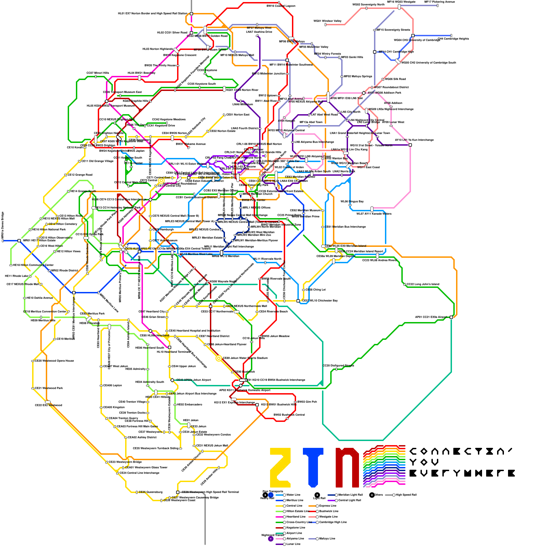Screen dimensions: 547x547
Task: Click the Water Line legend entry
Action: pyautogui.click(x=293, y=495)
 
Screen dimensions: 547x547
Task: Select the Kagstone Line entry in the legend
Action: pyautogui.click(x=295, y=528)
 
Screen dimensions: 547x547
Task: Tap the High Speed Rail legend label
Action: pyautogui.click(x=406, y=495)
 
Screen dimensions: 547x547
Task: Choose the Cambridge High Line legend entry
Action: pyautogui.click(x=333, y=522)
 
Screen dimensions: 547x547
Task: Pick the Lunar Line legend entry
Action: pyautogui.click(x=293, y=544)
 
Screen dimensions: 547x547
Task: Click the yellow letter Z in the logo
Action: pyautogui.click(x=280, y=467)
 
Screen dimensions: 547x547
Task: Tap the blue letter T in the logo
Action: pyautogui.click(x=313, y=467)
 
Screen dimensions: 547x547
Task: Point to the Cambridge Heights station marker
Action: pyautogui.click(x=451, y=36)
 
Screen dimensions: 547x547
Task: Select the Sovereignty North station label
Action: pyautogui.click(x=369, y=5)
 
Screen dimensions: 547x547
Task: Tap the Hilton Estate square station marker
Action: pyautogui.click(x=19, y=241)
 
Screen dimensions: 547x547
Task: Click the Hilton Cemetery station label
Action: pyautogui.click(x=63, y=224)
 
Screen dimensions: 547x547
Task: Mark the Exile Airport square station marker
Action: pyautogui.click(x=451, y=317)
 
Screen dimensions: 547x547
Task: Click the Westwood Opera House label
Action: pyautogui.click(x=54, y=361)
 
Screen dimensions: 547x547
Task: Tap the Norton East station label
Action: pyautogui.click(x=238, y=115)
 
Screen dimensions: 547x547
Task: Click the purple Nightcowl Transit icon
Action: pyautogui.click(x=271, y=539)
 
